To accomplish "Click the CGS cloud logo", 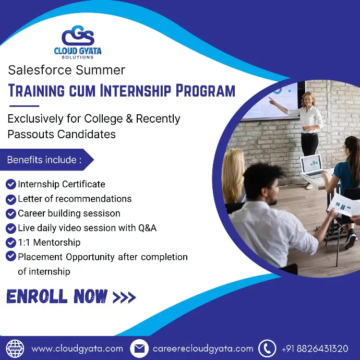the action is coord(78,35).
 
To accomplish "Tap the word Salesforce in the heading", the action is coord(40,70).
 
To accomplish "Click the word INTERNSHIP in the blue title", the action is coord(136,90).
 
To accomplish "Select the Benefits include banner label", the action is coord(44,160).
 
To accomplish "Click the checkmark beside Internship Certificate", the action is coord(11,184).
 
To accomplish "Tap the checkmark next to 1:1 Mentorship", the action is coord(11,243).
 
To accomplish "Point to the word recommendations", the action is coord(93,199).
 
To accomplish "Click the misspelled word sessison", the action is coord(102,213).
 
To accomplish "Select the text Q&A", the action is coord(147,228).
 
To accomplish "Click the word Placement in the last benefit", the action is coord(40,257).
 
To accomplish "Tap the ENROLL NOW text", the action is coord(57,296).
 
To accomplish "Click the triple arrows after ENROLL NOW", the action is coord(124,297).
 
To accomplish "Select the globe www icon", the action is coord(15,349).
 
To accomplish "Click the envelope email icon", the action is coord(139,349).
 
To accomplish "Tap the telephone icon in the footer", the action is coord(267,349).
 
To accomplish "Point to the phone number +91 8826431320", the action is coord(315,349).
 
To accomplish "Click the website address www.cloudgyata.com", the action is coord(77,349).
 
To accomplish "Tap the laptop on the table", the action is coord(313,166).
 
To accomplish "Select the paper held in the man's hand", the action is coord(343,205).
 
